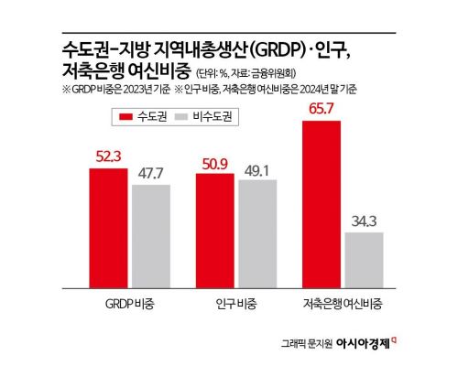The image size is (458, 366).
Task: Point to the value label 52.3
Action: pos(108,157)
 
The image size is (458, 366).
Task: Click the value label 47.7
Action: pos(151,172)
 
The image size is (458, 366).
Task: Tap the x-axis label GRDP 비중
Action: pos(130,301)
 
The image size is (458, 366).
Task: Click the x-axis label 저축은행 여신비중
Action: pos(343,301)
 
